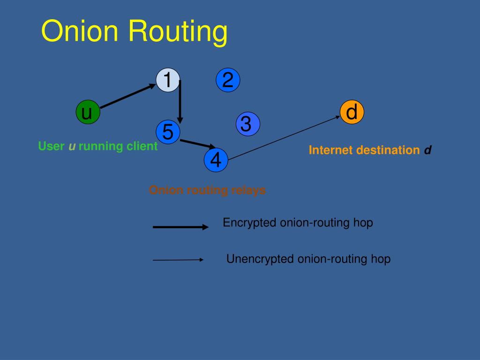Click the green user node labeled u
(x=88, y=112)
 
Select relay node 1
(x=168, y=80)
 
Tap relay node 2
(x=228, y=80)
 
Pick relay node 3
(x=248, y=124)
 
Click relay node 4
(x=216, y=160)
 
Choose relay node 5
(x=168, y=132)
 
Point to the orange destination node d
(x=352, y=112)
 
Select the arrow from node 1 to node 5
(x=180, y=102)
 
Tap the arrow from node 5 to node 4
(x=198, y=144)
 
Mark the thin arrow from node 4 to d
(x=284, y=138)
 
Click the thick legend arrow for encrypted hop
(x=180, y=227)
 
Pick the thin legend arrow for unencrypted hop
(x=178, y=260)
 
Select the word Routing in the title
(x=178, y=32)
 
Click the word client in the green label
(x=142, y=146)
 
